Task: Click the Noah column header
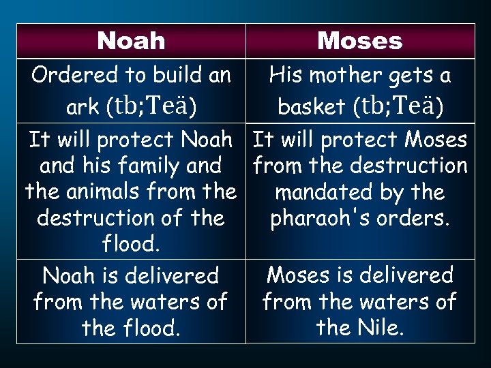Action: (131, 41)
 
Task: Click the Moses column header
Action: (360, 41)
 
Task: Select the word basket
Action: (312, 107)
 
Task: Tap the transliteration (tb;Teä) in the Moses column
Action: (398, 106)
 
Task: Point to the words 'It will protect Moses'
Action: (360, 140)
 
